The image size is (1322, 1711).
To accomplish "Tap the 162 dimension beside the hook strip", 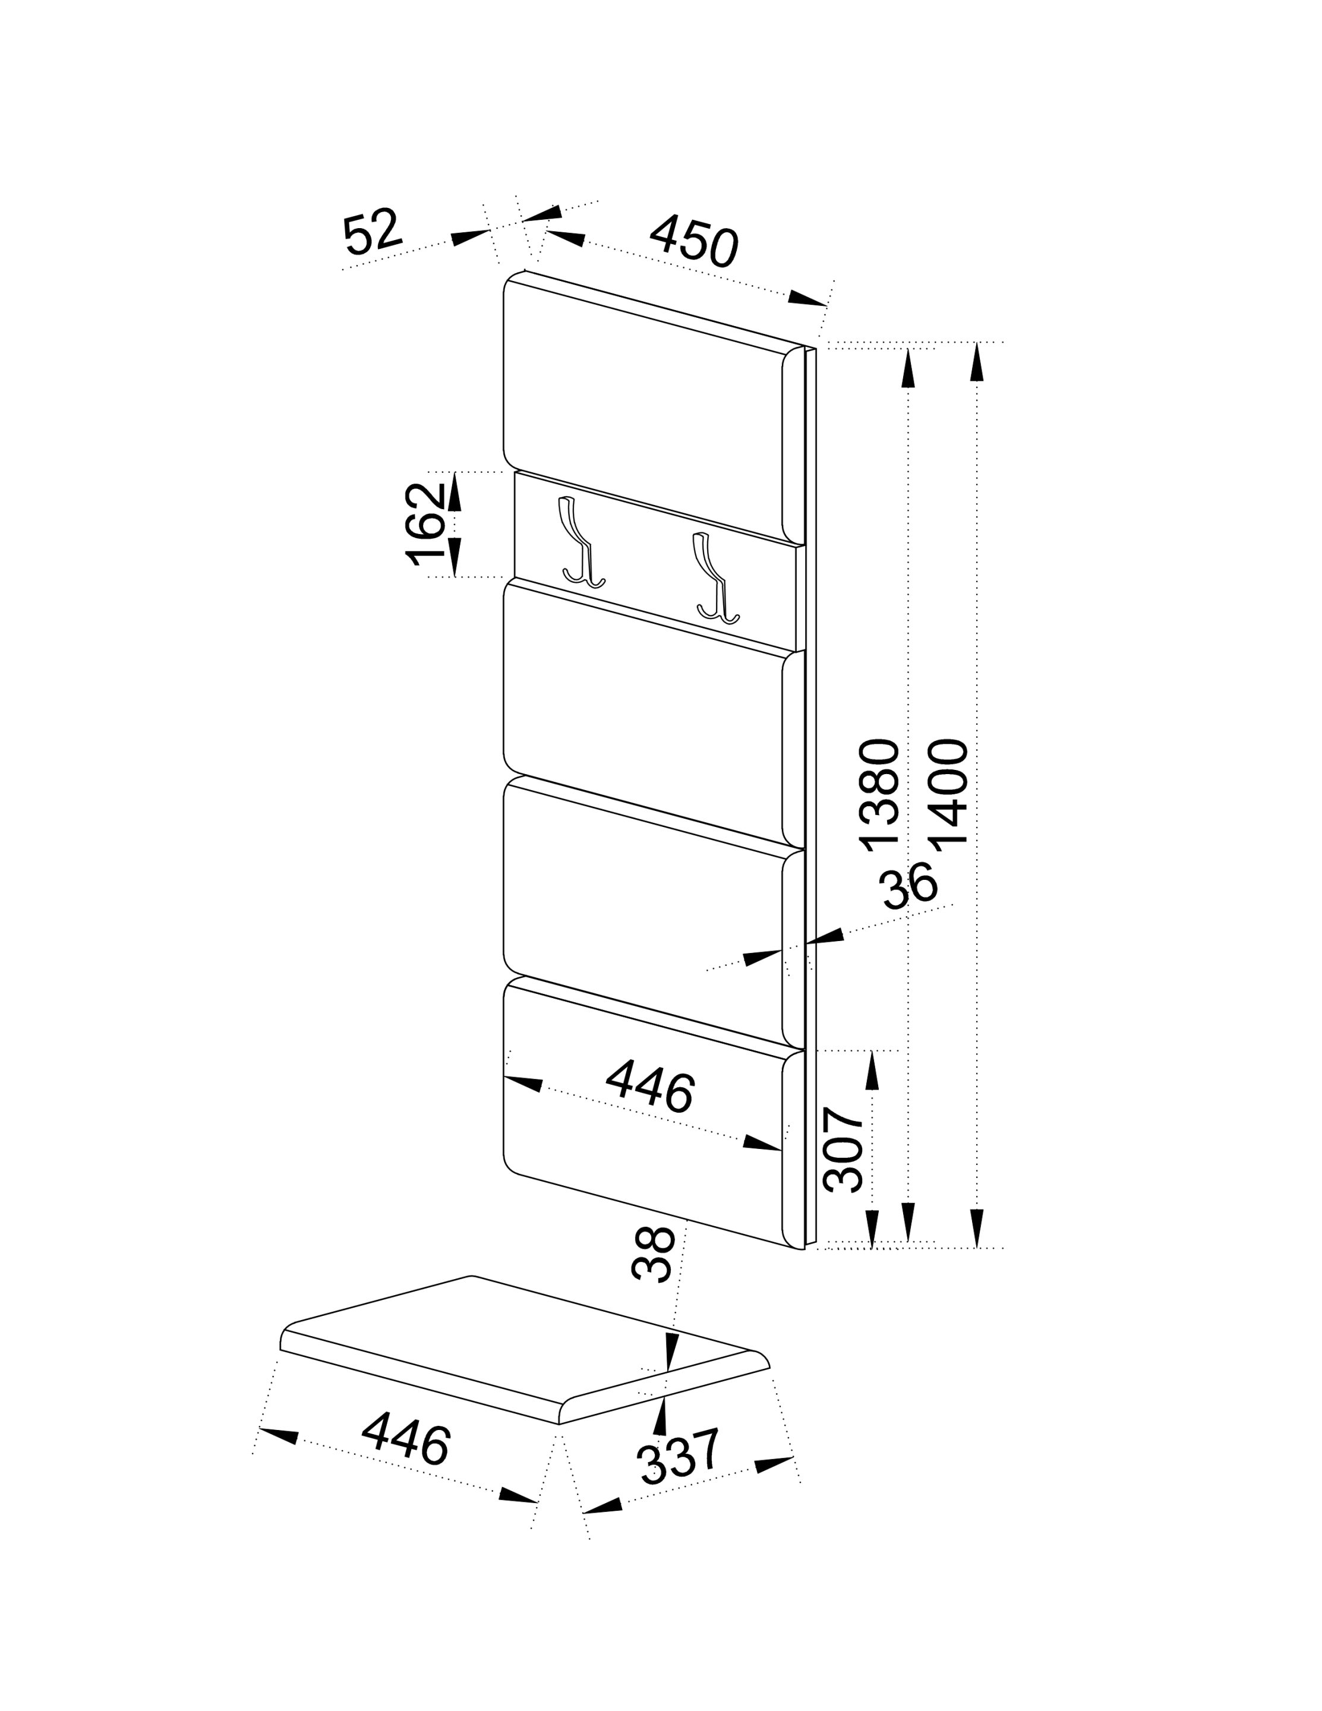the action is [425, 523].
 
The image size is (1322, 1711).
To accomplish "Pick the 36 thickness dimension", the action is [909, 885].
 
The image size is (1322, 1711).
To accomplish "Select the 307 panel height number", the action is [843, 1150].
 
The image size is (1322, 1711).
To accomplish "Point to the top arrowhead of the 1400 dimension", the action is [976, 362].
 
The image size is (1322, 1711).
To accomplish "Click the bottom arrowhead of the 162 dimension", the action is [455, 558].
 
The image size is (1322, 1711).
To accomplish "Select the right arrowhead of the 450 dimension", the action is [808, 298].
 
